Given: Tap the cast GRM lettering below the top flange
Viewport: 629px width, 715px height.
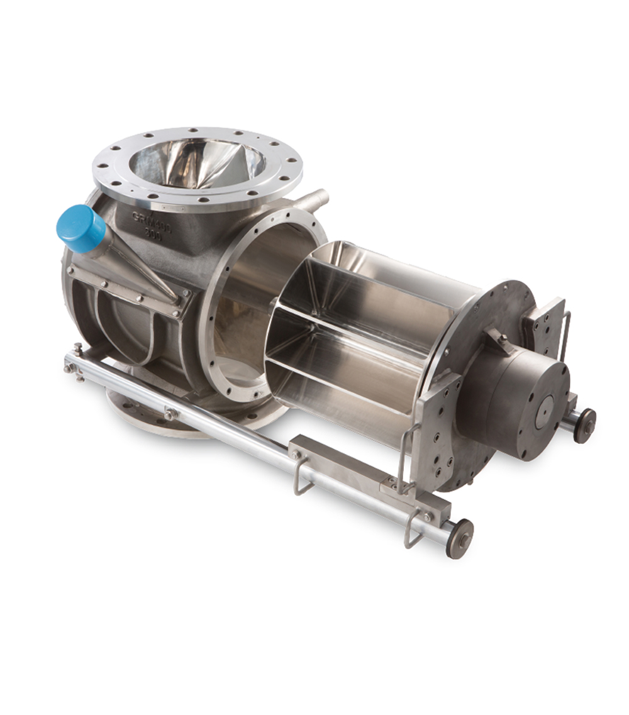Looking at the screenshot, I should pyautogui.click(x=151, y=219).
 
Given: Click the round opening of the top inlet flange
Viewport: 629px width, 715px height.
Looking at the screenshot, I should pyautogui.click(x=197, y=165).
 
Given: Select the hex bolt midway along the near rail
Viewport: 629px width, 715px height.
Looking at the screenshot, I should pyautogui.click(x=170, y=414).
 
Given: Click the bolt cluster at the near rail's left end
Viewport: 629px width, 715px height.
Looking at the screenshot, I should pyautogui.click(x=75, y=367).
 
